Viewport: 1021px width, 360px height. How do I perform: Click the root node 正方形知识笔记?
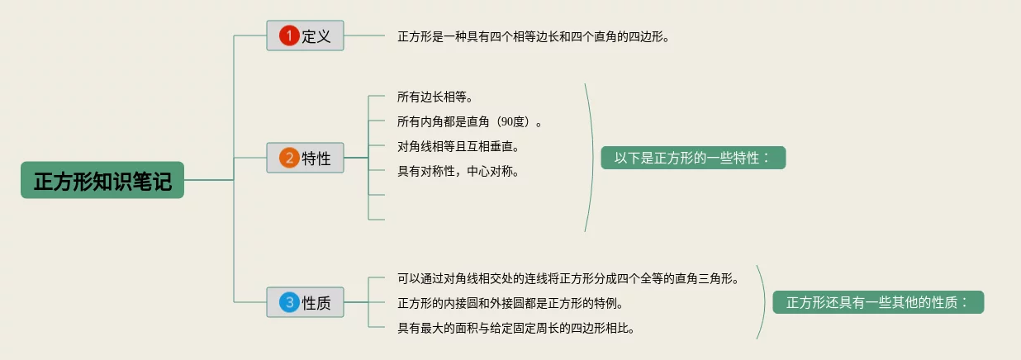pyautogui.click(x=102, y=180)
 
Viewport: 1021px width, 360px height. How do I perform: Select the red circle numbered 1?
pyautogui.click(x=288, y=36)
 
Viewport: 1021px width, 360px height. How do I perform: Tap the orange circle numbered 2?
pyautogui.click(x=288, y=158)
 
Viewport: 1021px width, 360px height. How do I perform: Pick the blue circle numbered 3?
pyautogui.click(x=288, y=302)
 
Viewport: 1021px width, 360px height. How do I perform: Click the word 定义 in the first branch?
pyautogui.click(x=316, y=36)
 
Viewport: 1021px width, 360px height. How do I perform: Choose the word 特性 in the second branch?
pyautogui.click(x=316, y=159)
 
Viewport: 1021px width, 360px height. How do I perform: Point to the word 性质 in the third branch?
pyautogui.click(x=316, y=303)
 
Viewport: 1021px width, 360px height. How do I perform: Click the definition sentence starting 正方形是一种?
pyautogui.click(x=533, y=36)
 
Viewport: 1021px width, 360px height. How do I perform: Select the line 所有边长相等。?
pyautogui.click(x=435, y=97)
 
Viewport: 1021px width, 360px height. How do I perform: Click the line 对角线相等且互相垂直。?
pyautogui.click(x=458, y=147)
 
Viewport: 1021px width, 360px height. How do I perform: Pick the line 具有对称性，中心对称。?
pyautogui.click(x=458, y=172)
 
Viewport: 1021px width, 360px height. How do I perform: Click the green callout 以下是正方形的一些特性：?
pyautogui.click(x=692, y=158)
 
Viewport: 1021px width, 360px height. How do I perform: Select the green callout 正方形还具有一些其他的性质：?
pyautogui.click(x=878, y=302)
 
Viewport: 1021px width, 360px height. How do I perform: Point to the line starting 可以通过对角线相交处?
pyautogui.click(x=567, y=278)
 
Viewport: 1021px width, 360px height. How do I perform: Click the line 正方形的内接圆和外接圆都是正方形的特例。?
pyautogui.click(x=510, y=303)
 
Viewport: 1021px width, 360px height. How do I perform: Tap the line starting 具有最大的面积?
pyautogui.click(x=515, y=328)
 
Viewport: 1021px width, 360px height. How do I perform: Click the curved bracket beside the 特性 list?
pyautogui.click(x=592, y=157)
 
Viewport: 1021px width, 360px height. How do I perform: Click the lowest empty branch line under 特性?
pyautogui.click(x=377, y=220)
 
